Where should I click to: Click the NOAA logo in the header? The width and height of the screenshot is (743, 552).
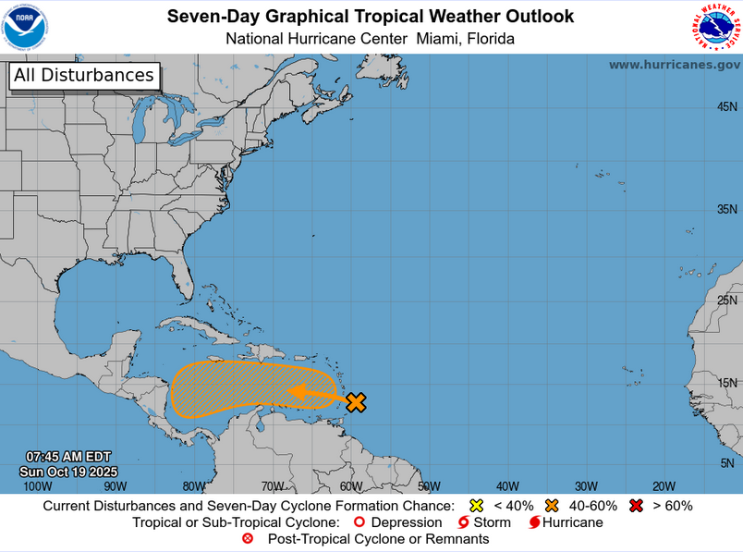25,27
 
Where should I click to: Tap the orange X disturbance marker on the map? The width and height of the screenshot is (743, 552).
356,401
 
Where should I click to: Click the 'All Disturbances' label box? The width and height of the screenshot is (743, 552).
84,76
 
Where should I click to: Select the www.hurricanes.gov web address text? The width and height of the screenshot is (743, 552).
674,65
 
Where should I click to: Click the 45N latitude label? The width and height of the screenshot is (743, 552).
727,107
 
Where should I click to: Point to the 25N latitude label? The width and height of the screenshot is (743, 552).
727,300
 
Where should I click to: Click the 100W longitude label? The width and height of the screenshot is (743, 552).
37,486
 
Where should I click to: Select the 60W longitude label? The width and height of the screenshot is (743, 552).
350,486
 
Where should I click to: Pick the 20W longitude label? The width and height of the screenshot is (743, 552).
664,486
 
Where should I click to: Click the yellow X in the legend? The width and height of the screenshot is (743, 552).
477,506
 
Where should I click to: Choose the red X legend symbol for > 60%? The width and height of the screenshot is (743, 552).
635,506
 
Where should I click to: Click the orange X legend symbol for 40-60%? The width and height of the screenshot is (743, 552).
553,506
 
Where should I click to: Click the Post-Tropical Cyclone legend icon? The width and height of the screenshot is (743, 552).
248,539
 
